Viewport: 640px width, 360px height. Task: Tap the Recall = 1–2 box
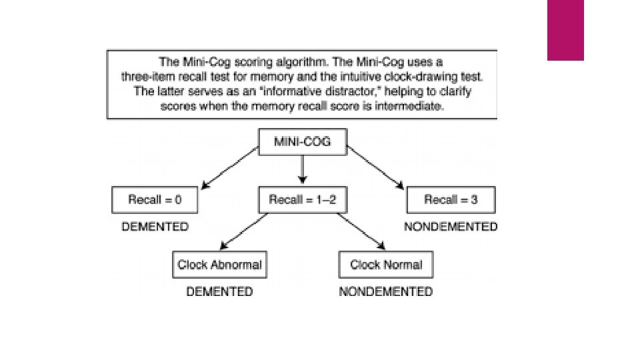(x=302, y=199)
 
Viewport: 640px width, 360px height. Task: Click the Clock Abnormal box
(x=219, y=265)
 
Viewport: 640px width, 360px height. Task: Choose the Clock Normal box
(x=386, y=265)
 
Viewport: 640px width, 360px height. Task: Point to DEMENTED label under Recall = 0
(x=155, y=227)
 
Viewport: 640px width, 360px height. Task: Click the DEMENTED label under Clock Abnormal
(x=219, y=291)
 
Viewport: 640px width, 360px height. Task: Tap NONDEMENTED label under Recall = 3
(x=451, y=227)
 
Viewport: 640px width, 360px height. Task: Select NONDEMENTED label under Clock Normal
(x=385, y=291)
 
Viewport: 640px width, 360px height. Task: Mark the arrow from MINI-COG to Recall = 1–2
(x=302, y=171)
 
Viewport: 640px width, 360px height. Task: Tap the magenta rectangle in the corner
(x=565, y=29)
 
